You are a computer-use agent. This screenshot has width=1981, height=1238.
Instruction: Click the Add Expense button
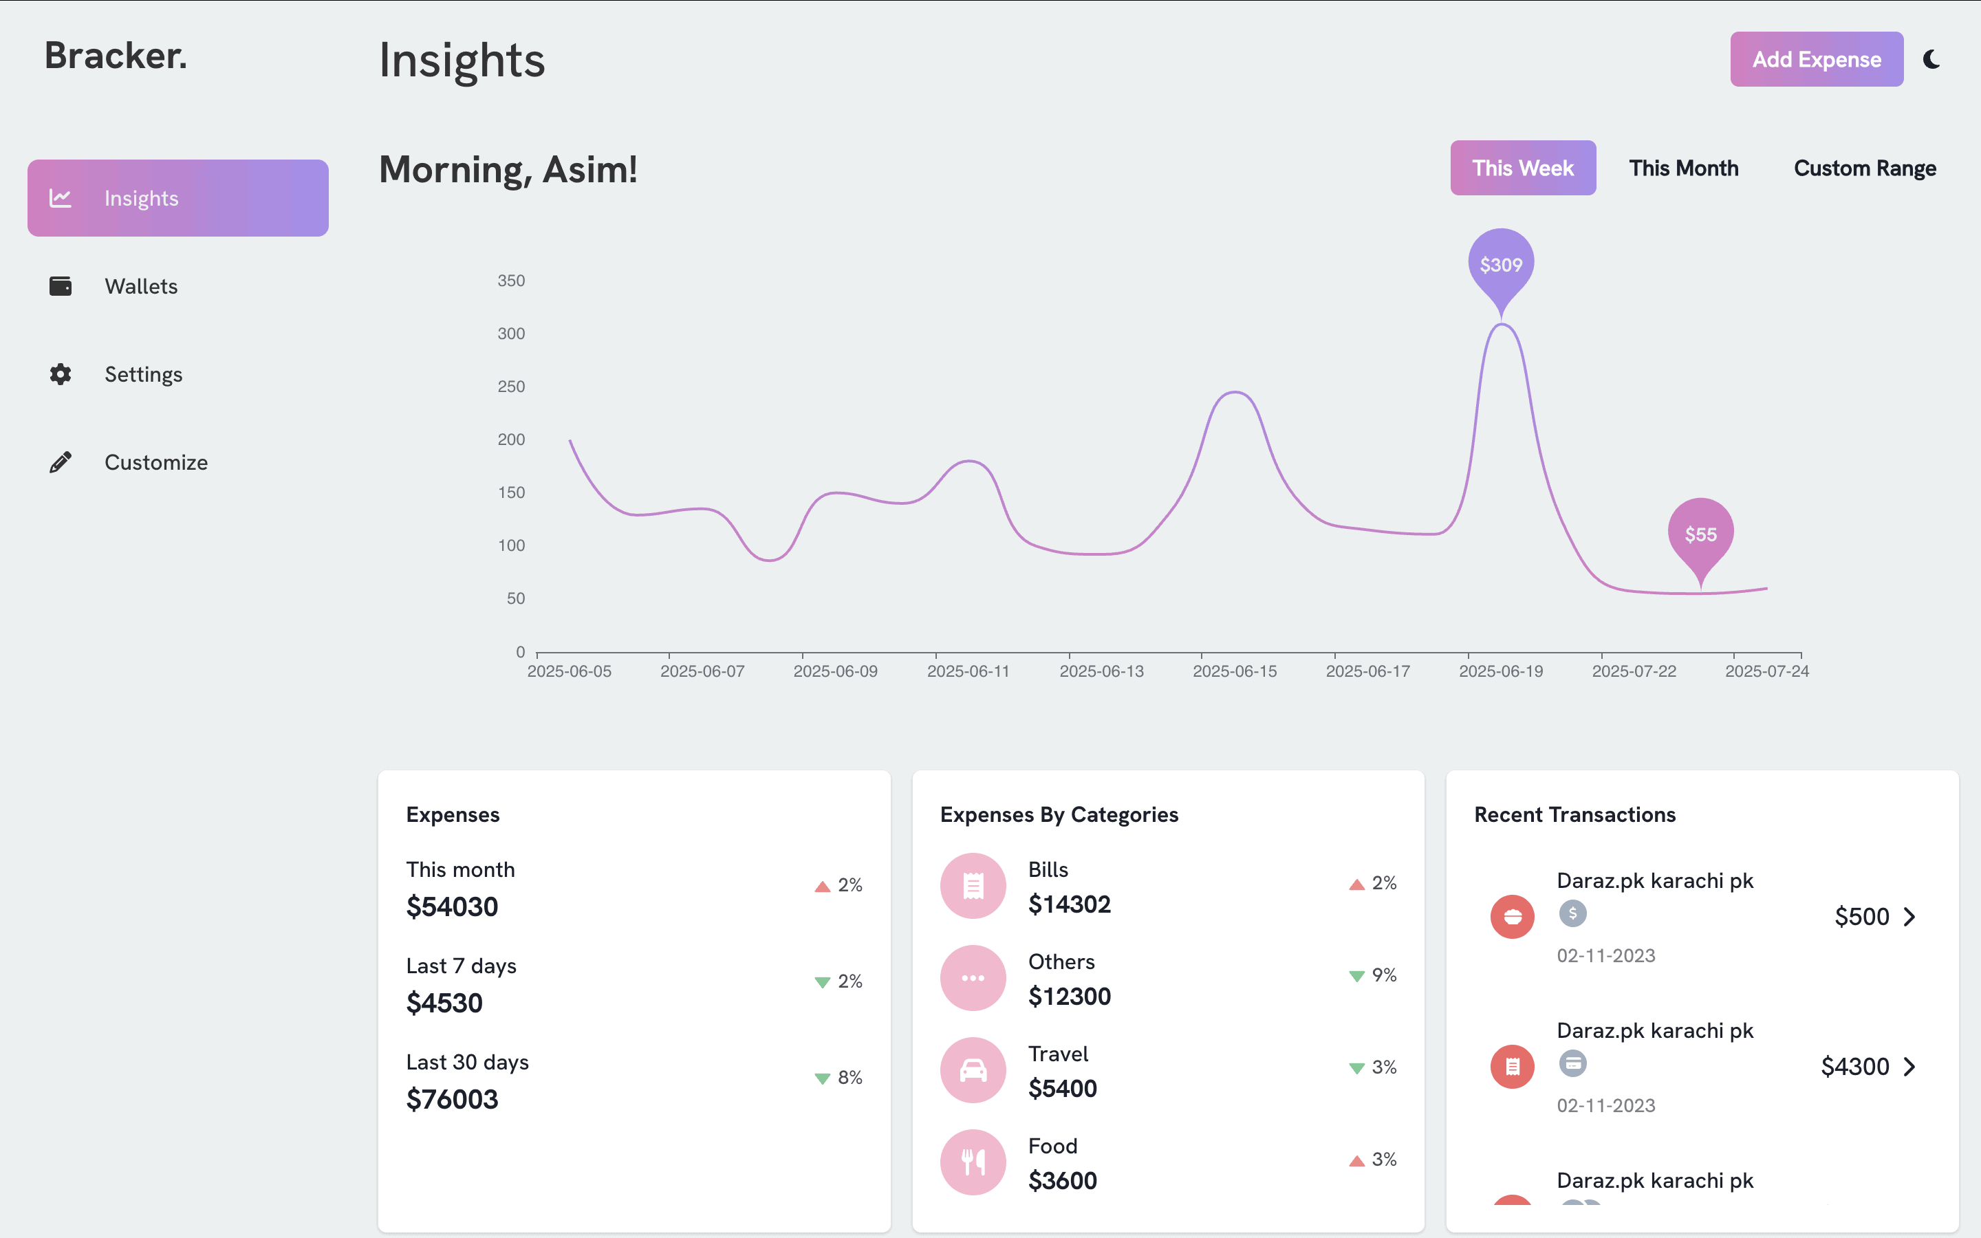1816,59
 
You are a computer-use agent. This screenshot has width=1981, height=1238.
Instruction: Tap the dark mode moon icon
1932,59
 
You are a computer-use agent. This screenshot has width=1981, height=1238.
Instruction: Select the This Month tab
1683,168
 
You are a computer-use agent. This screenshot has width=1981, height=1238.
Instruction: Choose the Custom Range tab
1864,168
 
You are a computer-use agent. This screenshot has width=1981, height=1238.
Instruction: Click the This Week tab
1523,168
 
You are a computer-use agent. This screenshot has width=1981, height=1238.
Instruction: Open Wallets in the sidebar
141,287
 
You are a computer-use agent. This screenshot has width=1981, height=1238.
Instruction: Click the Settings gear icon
61,374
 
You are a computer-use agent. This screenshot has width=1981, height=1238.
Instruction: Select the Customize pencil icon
61,463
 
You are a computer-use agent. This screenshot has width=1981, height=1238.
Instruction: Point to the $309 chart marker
1500,265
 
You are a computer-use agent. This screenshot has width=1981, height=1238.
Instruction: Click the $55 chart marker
1700,534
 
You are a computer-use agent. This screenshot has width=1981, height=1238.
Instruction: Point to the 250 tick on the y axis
511,387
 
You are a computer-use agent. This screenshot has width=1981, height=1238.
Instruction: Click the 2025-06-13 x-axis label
1101,671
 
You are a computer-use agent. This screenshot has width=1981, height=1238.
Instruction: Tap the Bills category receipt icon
973,886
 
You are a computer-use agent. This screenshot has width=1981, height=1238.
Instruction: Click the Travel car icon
973,1070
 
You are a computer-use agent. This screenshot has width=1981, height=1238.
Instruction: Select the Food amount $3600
1062,1181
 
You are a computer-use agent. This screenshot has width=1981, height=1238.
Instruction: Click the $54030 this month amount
452,906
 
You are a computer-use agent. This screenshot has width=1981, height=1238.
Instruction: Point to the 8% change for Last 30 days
849,1078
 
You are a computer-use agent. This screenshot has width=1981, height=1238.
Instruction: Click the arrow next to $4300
1909,1067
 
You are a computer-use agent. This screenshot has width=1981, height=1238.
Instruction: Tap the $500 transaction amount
1861,916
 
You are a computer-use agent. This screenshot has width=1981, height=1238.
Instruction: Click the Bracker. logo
116,56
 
